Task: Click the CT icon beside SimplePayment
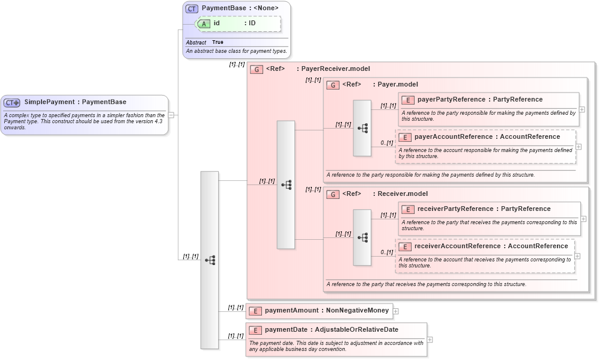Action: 12,103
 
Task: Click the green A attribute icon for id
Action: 204,23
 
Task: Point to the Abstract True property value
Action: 217,43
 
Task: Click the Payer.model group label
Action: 397,85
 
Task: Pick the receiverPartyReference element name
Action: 455,209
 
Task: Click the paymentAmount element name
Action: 291,311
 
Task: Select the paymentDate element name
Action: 287,330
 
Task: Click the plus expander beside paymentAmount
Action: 396,311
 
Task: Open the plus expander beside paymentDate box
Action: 430,340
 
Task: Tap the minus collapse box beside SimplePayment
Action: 171,115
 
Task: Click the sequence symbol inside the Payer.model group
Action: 362,128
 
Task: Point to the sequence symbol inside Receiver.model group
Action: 362,237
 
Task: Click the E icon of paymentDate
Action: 255,330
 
